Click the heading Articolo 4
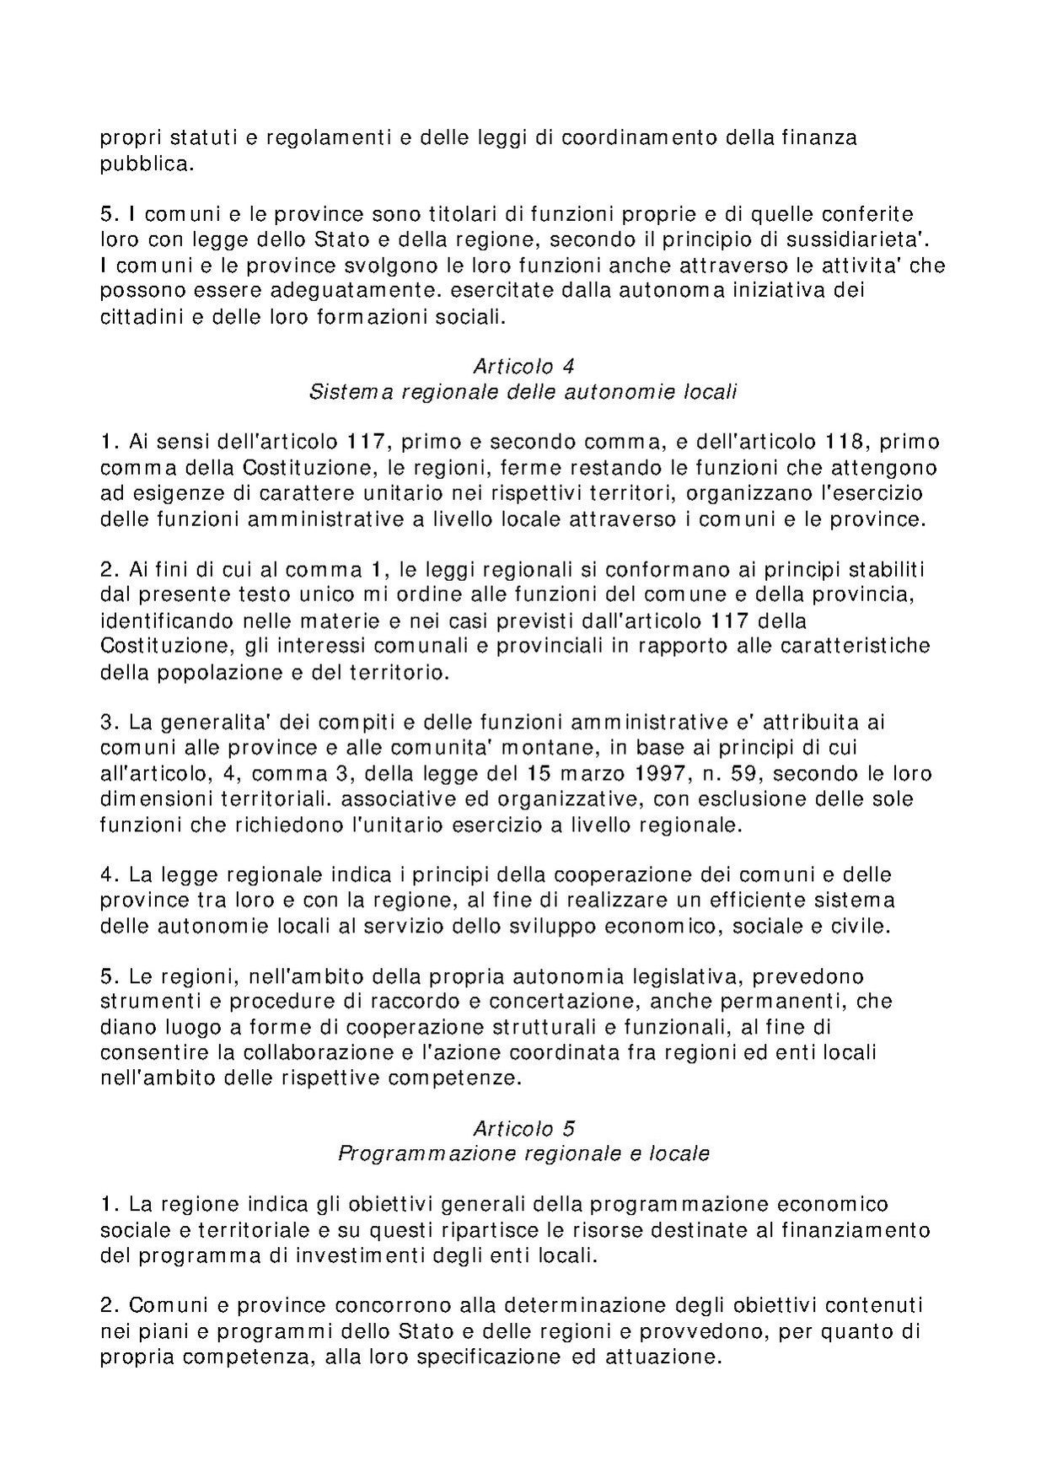coord(523,367)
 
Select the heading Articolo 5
coord(523,1128)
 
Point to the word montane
coord(554,748)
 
